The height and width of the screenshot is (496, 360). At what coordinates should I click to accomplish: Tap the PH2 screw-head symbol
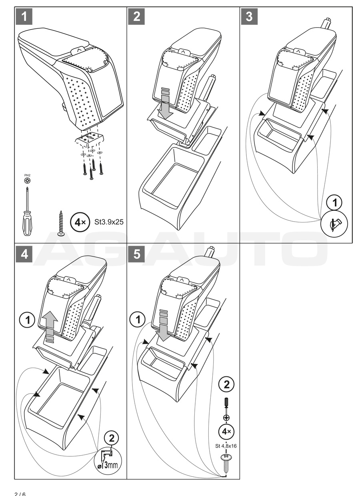(x=26, y=180)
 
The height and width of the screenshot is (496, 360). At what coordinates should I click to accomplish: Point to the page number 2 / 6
(x=20, y=493)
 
